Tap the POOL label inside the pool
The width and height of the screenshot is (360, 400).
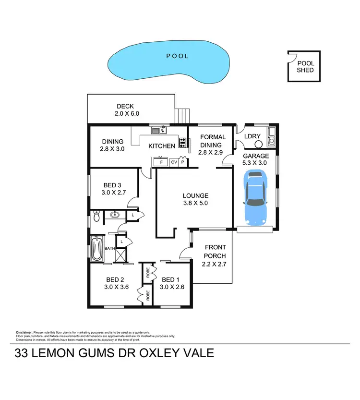pos(177,56)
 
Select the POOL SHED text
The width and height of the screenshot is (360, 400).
pos(305,66)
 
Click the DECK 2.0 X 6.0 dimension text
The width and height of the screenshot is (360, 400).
pos(127,114)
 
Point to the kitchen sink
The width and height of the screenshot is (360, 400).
pos(158,130)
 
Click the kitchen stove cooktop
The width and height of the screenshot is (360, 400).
pos(182,142)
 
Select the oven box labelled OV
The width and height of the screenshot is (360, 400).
pos(174,162)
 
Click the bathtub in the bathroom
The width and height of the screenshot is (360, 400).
pos(96,248)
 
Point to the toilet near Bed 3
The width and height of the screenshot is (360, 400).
pos(96,217)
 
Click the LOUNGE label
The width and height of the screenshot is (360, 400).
pos(195,195)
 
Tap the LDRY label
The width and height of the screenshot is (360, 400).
pos(252,136)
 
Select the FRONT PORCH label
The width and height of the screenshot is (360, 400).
pos(215,252)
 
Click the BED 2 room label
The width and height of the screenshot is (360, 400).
pos(115,279)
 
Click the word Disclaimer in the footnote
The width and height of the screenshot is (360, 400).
pos(24,332)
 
